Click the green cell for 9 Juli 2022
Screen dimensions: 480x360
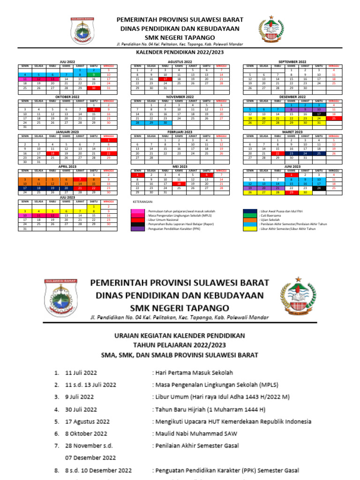[x=94, y=75]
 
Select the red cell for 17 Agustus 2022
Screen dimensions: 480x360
[x=165, y=79]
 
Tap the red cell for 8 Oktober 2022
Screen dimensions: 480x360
[x=94, y=109]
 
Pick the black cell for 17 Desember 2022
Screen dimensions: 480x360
[x=319, y=114]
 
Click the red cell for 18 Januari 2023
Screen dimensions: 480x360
[x=52, y=153]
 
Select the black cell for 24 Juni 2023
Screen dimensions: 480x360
[x=319, y=188]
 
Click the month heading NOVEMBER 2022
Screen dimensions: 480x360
[x=180, y=97]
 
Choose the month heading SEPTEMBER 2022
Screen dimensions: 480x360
[x=292, y=61]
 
